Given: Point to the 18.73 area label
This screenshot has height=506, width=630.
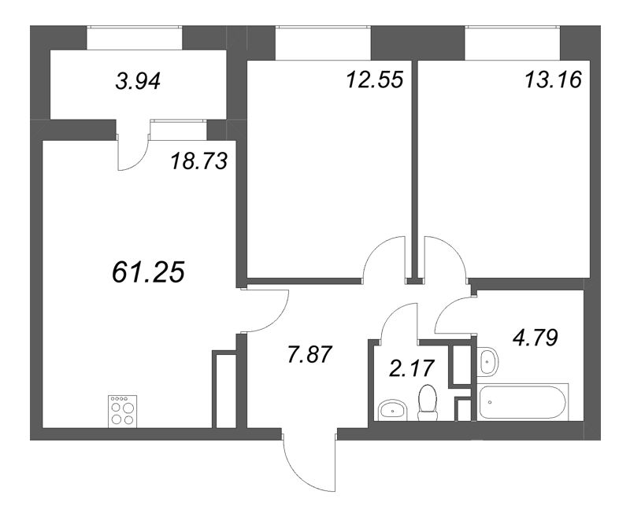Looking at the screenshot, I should click(x=199, y=162).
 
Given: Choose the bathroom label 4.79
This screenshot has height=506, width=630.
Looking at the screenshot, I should click(x=536, y=339).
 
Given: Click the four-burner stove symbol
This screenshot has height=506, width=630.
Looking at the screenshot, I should click(x=121, y=410).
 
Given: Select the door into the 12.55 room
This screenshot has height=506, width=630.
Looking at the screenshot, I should click(x=384, y=260).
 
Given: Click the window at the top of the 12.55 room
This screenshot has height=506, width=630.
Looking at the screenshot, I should click(x=323, y=37).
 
